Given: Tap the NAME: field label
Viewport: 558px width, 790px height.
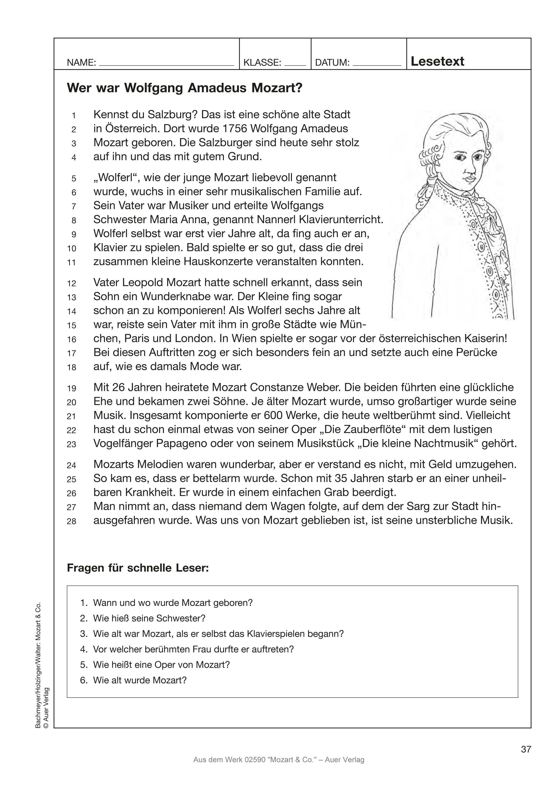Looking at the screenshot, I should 81,63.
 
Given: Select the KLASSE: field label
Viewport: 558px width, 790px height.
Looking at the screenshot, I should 262,63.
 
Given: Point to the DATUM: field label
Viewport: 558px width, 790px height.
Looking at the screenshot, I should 332,63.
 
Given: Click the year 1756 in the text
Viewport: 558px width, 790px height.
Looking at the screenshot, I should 235,129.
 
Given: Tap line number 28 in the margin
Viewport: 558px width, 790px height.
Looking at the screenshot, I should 71,521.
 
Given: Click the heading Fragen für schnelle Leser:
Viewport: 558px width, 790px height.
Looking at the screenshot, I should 138,568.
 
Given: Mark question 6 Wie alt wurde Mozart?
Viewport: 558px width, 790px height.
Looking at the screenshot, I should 139,680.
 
